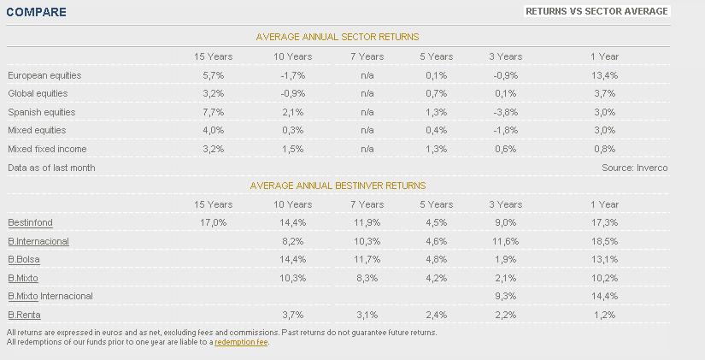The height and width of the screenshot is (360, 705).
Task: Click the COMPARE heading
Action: coord(36,13)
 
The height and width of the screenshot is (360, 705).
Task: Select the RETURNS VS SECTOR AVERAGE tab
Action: coord(596,11)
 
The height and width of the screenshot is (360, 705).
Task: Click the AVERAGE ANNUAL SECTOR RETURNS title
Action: coord(338,37)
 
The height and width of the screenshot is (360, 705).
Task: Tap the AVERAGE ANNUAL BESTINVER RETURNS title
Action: coord(338,186)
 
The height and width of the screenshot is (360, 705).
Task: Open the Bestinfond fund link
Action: coord(30,222)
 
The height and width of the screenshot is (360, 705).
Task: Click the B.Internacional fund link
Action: coord(38,241)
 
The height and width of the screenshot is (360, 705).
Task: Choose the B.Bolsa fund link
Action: coord(24,259)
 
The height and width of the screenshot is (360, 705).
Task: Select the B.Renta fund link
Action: coord(24,315)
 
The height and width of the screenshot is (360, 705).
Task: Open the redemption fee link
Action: coord(242,342)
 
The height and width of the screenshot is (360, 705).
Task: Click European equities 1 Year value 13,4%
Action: coord(604,75)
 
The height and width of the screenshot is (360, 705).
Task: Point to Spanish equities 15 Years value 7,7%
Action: coord(213,112)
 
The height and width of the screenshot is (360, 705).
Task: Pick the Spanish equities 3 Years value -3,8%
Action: coord(505,112)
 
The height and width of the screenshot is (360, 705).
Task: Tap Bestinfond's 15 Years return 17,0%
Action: coord(213,222)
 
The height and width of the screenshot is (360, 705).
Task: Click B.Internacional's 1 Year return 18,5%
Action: coord(604,241)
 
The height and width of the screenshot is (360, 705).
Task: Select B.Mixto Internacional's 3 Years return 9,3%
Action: coord(505,296)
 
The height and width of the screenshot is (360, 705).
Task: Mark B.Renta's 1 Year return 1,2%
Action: coord(604,315)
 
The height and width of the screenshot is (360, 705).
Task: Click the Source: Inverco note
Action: coord(634,168)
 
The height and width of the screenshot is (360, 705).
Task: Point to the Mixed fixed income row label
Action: coord(47,149)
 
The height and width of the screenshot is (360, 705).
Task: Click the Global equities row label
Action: coord(38,93)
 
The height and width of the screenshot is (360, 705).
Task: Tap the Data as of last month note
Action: coord(51,168)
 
